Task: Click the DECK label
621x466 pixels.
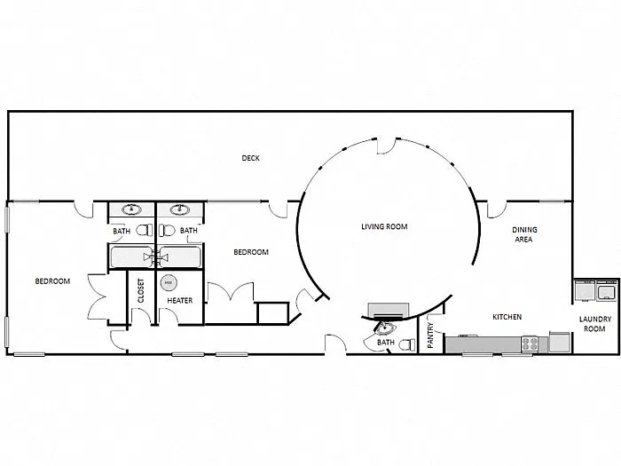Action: [250, 159]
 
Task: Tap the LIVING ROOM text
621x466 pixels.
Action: [384, 226]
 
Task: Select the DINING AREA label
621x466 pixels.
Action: [524, 234]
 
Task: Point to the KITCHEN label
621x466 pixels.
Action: [507, 317]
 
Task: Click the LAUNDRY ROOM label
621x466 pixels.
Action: [593, 323]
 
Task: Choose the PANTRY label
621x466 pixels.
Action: [430, 336]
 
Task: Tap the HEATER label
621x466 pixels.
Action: [180, 300]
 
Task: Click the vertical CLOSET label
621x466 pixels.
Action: [141, 290]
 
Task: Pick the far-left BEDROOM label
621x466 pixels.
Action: [52, 281]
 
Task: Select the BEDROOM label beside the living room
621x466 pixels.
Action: [250, 252]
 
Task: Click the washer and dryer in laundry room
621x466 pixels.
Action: [596, 290]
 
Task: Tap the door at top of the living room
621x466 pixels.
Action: [388, 145]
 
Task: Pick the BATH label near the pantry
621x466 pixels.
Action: [386, 342]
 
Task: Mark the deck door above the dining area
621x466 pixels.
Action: [495, 210]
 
